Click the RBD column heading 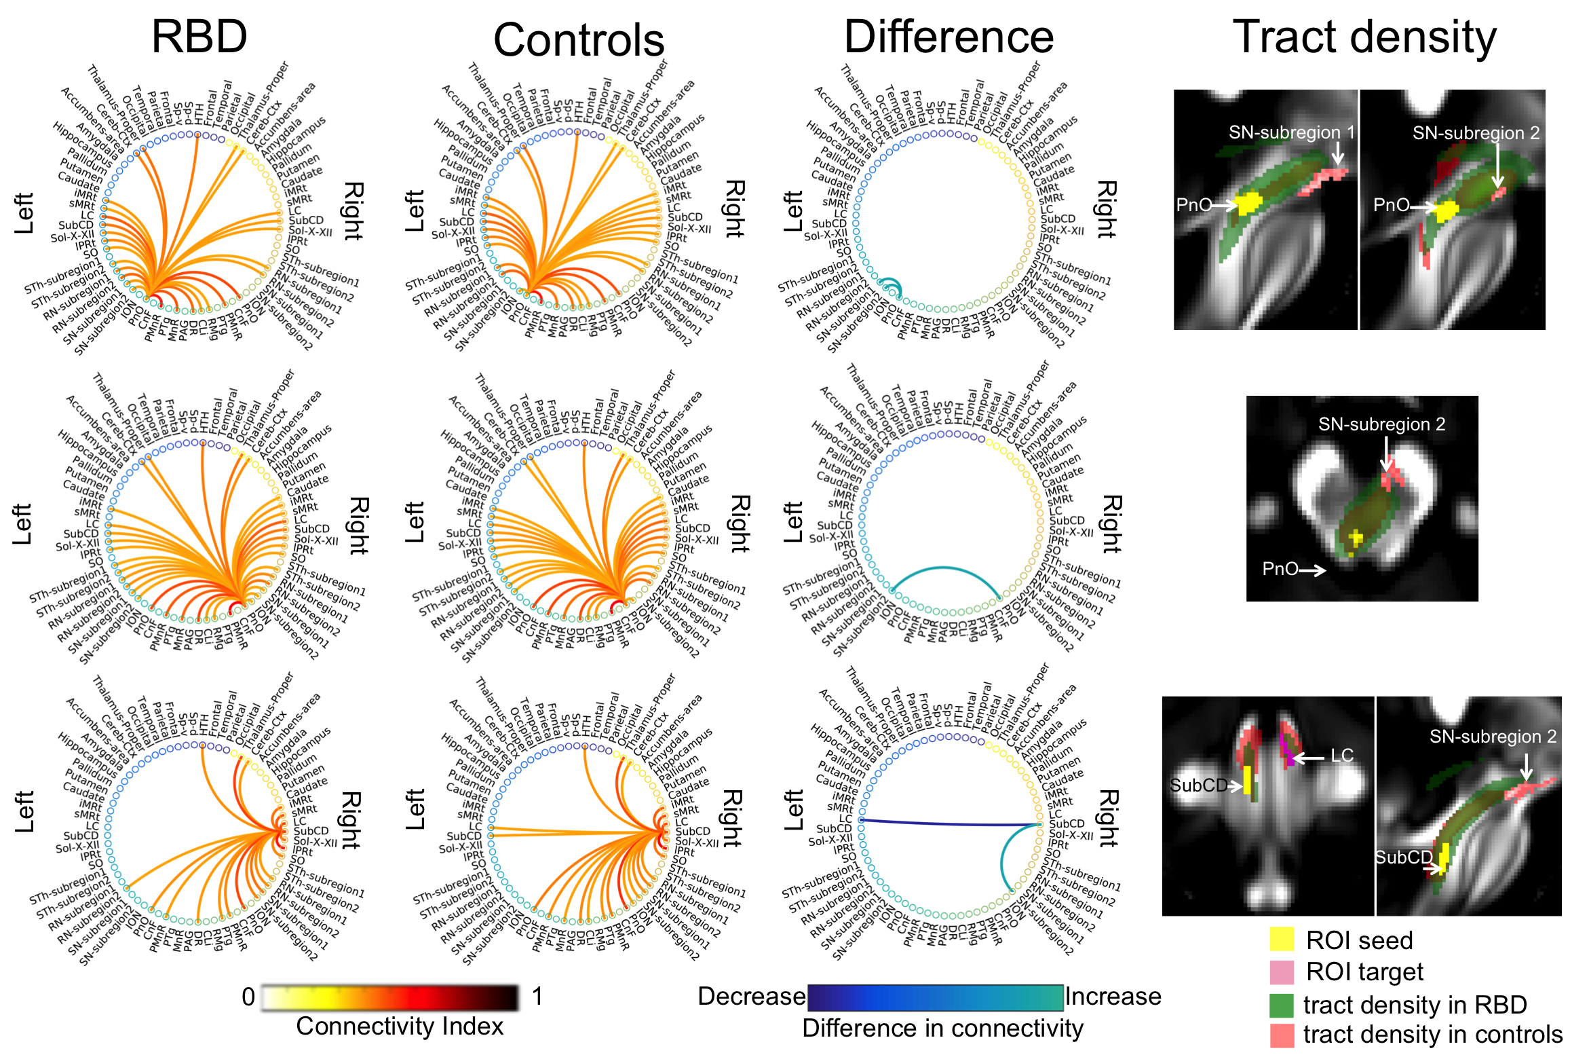coord(199,37)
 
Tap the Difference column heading coord(948,37)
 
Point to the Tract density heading coord(1364,37)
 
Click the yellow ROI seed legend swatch coord(1282,939)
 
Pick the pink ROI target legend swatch coord(1282,971)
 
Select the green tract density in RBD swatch coord(1282,1004)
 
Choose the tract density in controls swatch coord(1282,1035)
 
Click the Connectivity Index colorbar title coord(400,1026)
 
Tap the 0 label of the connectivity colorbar coord(248,997)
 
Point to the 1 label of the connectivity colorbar coord(537,997)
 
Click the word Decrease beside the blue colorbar coord(751,996)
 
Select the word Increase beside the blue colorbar coord(1113,996)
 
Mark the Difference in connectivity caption coord(942,1028)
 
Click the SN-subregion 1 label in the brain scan coord(1291,132)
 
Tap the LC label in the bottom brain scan coord(1341,756)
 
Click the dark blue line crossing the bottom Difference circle coord(950,823)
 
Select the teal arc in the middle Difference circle coord(944,569)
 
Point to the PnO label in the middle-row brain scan coord(1280,569)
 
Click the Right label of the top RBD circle coord(353,210)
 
